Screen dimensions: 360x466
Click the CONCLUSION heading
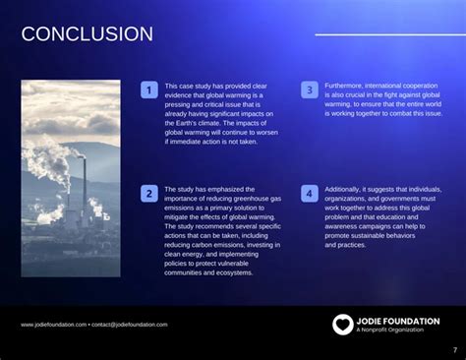87,35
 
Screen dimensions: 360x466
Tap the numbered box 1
149,90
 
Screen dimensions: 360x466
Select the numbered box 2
149,194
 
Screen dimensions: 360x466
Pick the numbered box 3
309,90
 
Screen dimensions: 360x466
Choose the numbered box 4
309,194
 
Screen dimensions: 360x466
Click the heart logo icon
341,324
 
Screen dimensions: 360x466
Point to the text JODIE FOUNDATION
398,321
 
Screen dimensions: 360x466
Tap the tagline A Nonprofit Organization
391,331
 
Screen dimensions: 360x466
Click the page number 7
454,349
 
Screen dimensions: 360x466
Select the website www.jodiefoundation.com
52,325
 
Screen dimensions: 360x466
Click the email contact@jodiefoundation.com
130,325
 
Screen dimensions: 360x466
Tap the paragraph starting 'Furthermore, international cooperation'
383,99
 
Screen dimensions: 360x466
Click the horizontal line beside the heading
384,35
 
